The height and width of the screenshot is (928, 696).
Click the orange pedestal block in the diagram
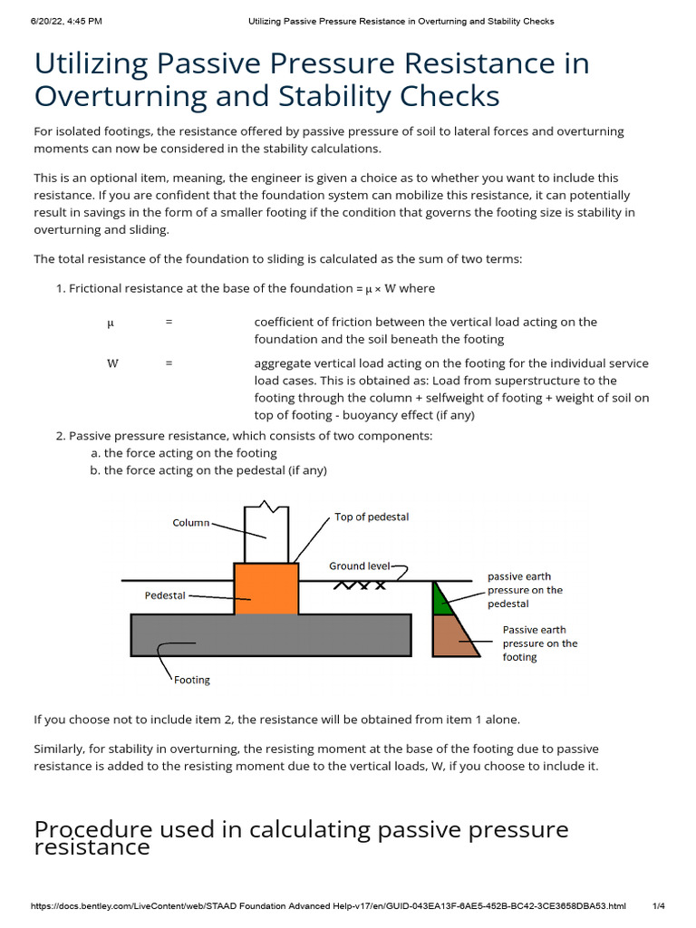tap(266, 589)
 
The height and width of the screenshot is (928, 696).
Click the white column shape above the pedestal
tap(266, 535)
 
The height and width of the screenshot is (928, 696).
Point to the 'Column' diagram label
tap(191, 523)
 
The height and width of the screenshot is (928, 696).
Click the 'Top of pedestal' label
tap(372, 517)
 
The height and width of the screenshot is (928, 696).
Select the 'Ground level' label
tap(359, 565)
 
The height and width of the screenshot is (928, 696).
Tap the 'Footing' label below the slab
tap(191, 680)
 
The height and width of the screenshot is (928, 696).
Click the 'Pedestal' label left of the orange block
tap(165, 595)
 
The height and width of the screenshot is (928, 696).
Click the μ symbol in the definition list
tap(110, 322)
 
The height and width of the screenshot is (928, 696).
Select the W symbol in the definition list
tap(112, 363)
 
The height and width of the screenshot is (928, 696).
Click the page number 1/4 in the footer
tap(659, 906)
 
